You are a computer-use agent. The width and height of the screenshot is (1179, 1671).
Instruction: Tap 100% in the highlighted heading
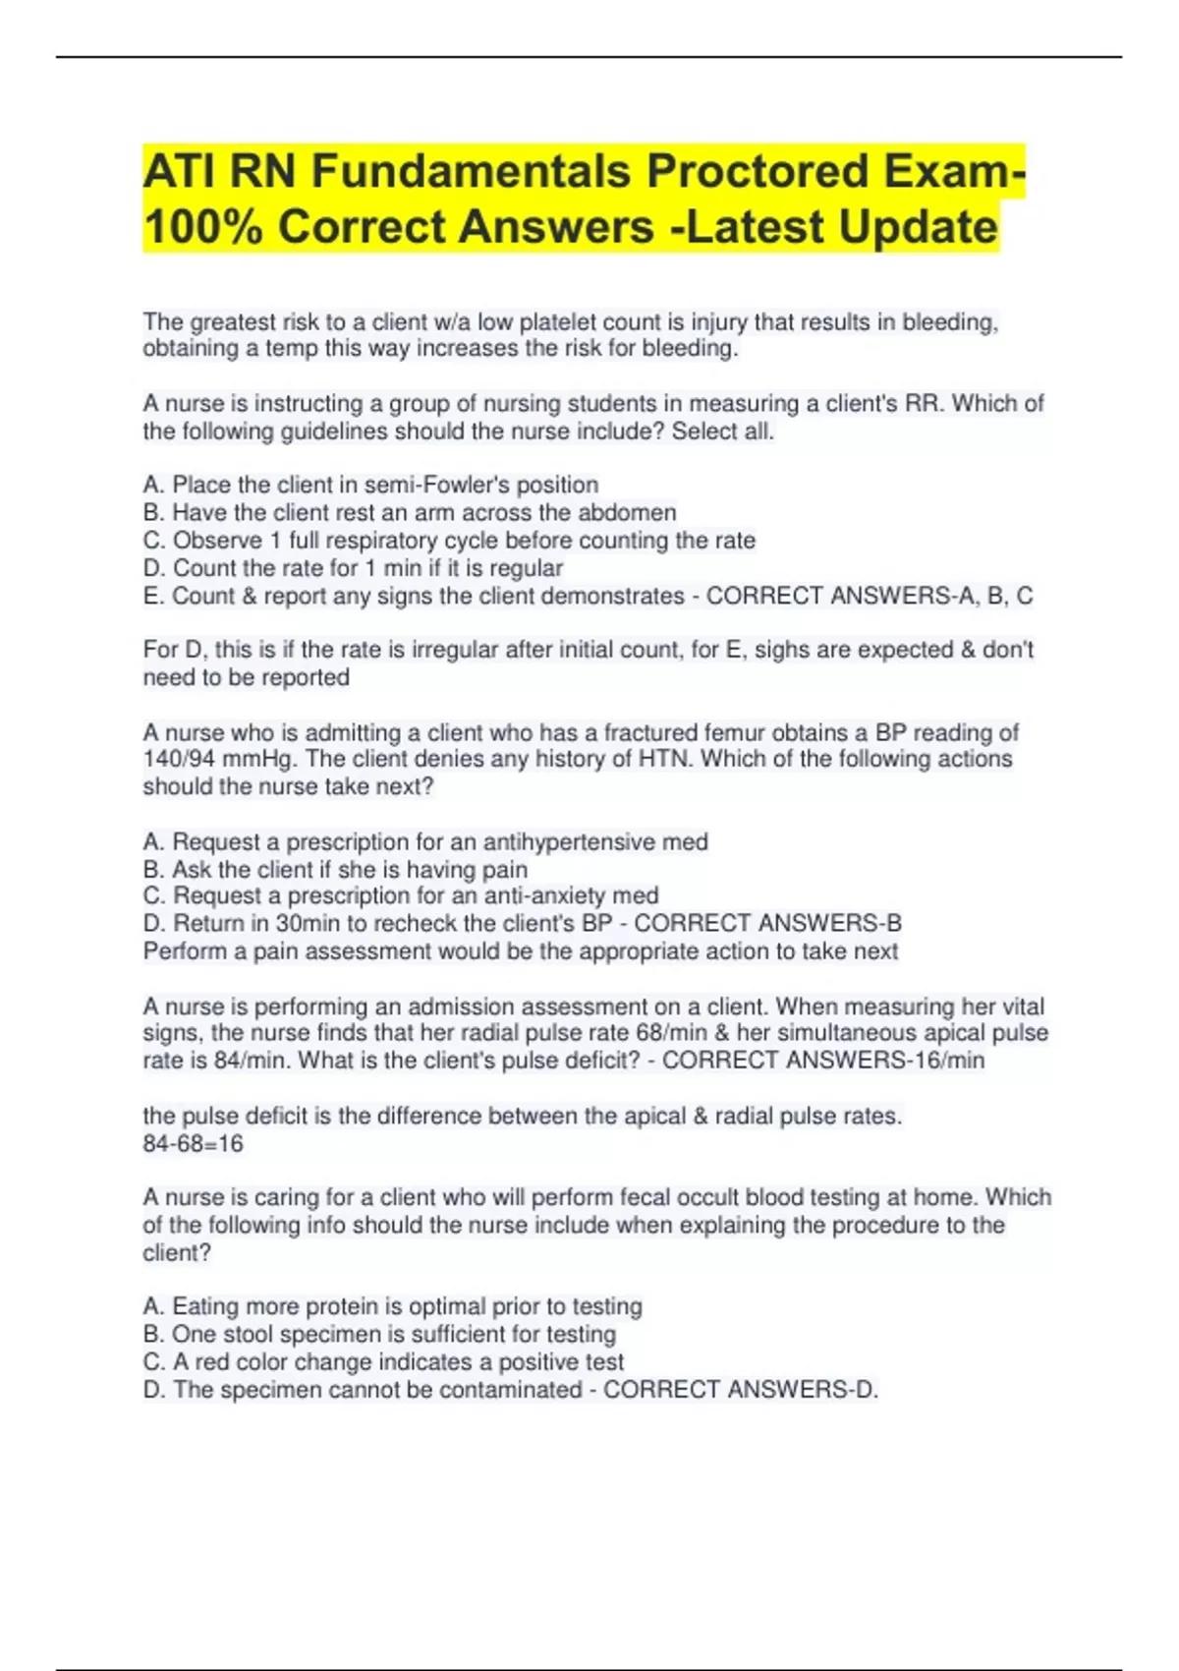click(x=202, y=227)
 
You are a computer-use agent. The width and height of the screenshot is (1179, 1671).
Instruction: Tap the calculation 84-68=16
click(x=193, y=1143)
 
